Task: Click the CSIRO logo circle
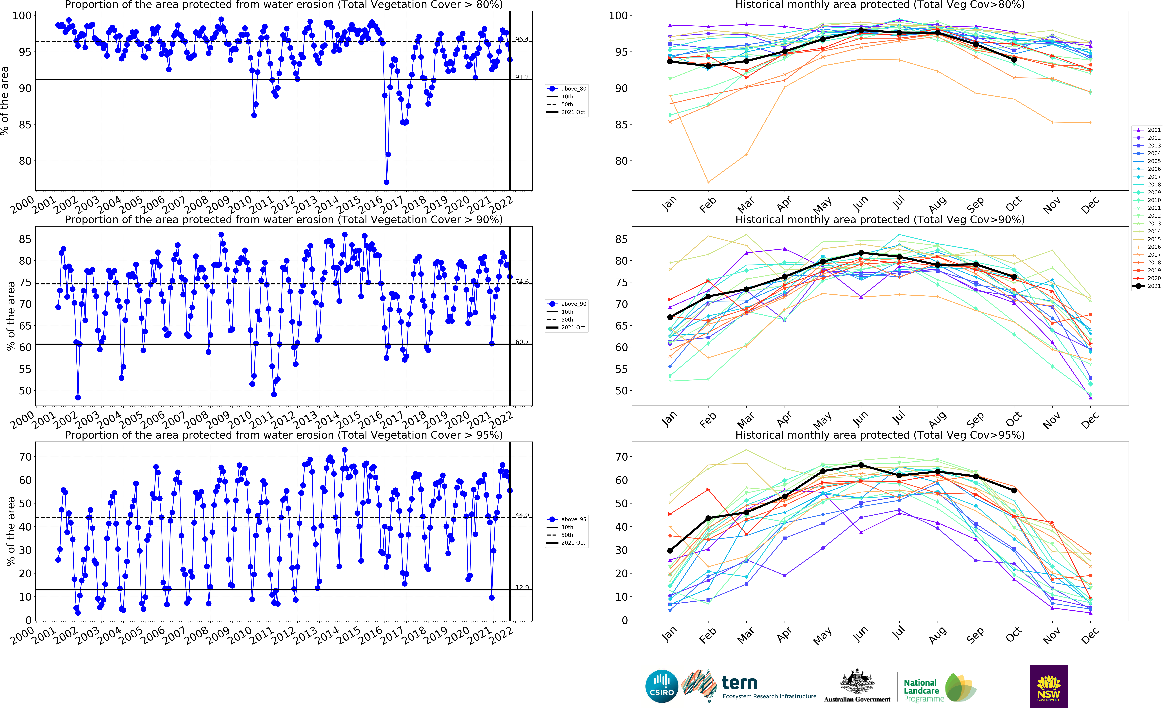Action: click(x=662, y=686)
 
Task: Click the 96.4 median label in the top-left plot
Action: click(x=522, y=39)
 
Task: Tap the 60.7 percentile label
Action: click(x=522, y=342)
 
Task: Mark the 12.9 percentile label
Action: click(x=522, y=588)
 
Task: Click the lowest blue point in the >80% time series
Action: click(x=386, y=182)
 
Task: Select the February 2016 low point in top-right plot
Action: click(x=708, y=182)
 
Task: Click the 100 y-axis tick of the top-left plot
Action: click(x=22, y=16)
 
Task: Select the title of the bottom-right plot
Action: click(x=880, y=435)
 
